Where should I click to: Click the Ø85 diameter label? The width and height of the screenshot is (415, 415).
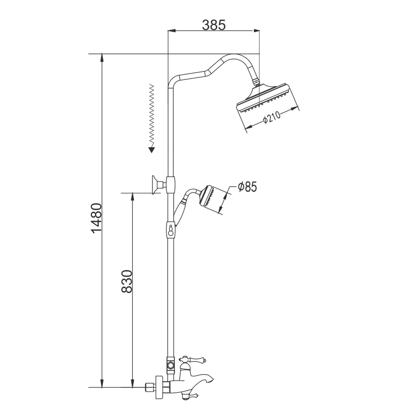(x=247, y=187)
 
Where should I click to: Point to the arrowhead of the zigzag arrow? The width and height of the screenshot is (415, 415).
(x=152, y=150)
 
